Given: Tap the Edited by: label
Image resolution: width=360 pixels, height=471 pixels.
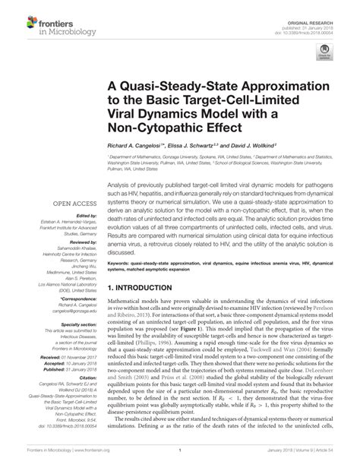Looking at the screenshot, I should point(65,215).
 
